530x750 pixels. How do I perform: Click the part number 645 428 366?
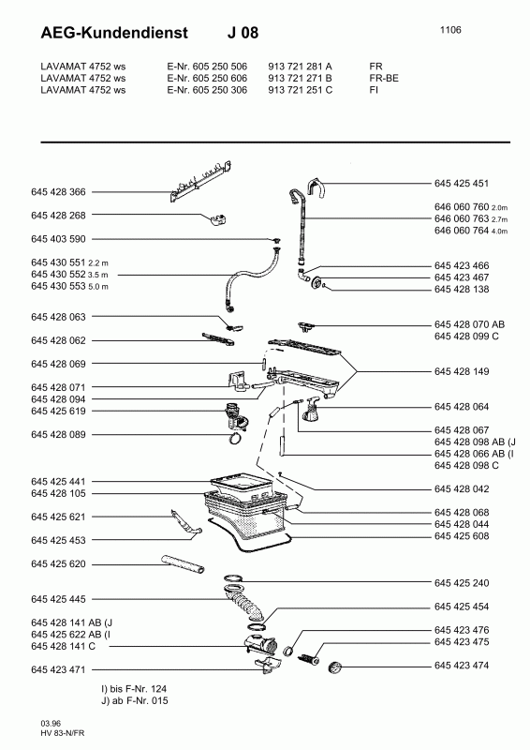[58, 192]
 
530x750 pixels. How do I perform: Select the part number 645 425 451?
[462, 183]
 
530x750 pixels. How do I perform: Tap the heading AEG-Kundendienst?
[114, 33]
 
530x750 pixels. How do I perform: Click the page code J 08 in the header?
[243, 33]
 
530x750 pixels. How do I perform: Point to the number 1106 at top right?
[450, 30]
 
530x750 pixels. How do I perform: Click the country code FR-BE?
[384, 78]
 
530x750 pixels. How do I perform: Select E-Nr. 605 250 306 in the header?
[207, 90]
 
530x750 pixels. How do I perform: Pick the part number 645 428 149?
[462, 371]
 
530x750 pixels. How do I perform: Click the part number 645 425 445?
[58, 599]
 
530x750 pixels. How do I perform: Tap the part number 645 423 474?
[462, 666]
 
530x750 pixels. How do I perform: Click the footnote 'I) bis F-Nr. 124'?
[134, 689]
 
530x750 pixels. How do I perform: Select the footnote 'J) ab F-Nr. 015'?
[134, 700]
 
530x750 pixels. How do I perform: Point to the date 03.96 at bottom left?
[51, 724]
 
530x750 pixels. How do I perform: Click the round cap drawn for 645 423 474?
[336, 667]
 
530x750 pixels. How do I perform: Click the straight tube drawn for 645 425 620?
[184, 563]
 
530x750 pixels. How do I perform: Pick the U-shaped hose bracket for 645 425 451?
[317, 187]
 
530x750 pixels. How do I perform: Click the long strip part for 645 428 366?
[201, 182]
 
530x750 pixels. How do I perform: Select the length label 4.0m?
[499, 232]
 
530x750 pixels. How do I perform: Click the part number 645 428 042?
[462, 488]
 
